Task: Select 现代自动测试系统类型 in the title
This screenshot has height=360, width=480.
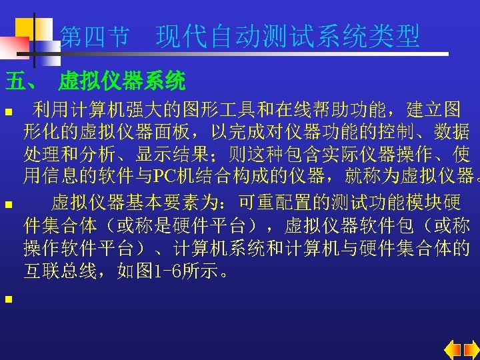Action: click(x=288, y=37)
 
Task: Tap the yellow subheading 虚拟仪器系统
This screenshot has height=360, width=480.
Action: click(x=122, y=82)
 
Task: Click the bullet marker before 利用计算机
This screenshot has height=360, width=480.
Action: click(x=7, y=110)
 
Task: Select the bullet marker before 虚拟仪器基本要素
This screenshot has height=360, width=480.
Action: click(x=7, y=203)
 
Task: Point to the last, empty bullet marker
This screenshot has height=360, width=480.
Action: click(x=7, y=299)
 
